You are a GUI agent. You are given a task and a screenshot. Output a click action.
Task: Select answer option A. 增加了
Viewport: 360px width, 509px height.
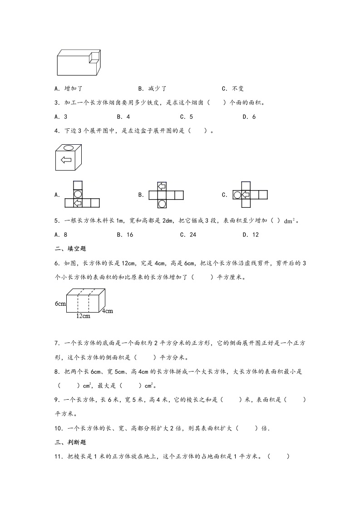[67, 89]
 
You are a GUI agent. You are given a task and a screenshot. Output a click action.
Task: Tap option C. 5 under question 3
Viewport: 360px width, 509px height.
[186, 117]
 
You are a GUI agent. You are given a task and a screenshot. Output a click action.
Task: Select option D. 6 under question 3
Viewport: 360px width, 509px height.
[249, 117]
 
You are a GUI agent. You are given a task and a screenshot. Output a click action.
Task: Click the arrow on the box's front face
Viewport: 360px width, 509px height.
[66, 160]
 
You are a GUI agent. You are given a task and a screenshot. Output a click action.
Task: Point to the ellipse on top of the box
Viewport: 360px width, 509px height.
[69, 147]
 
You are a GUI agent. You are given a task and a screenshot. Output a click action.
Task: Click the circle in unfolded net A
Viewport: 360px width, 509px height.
[78, 194]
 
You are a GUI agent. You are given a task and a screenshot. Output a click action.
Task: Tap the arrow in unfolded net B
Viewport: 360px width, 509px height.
[162, 186]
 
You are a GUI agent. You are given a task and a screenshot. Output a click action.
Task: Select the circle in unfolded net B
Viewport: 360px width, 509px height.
[162, 203]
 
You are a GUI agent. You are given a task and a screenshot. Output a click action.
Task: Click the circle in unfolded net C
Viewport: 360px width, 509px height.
[237, 195]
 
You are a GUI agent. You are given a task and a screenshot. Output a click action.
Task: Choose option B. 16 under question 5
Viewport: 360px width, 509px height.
[124, 235]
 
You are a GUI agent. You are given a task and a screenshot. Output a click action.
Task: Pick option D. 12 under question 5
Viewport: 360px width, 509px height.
[251, 235]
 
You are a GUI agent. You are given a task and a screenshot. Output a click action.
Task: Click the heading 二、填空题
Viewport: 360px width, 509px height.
[70, 248]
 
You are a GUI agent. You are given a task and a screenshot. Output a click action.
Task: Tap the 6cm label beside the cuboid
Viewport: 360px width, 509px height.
[60, 303]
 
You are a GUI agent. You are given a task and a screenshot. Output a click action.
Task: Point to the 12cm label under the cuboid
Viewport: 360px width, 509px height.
[83, 316]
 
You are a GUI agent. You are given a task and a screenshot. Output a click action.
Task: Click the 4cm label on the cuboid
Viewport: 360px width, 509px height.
[107, 311]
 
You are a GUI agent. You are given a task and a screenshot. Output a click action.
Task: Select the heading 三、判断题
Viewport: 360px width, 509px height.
[70, 441]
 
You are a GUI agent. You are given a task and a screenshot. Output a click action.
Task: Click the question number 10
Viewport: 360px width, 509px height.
[58, 428]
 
